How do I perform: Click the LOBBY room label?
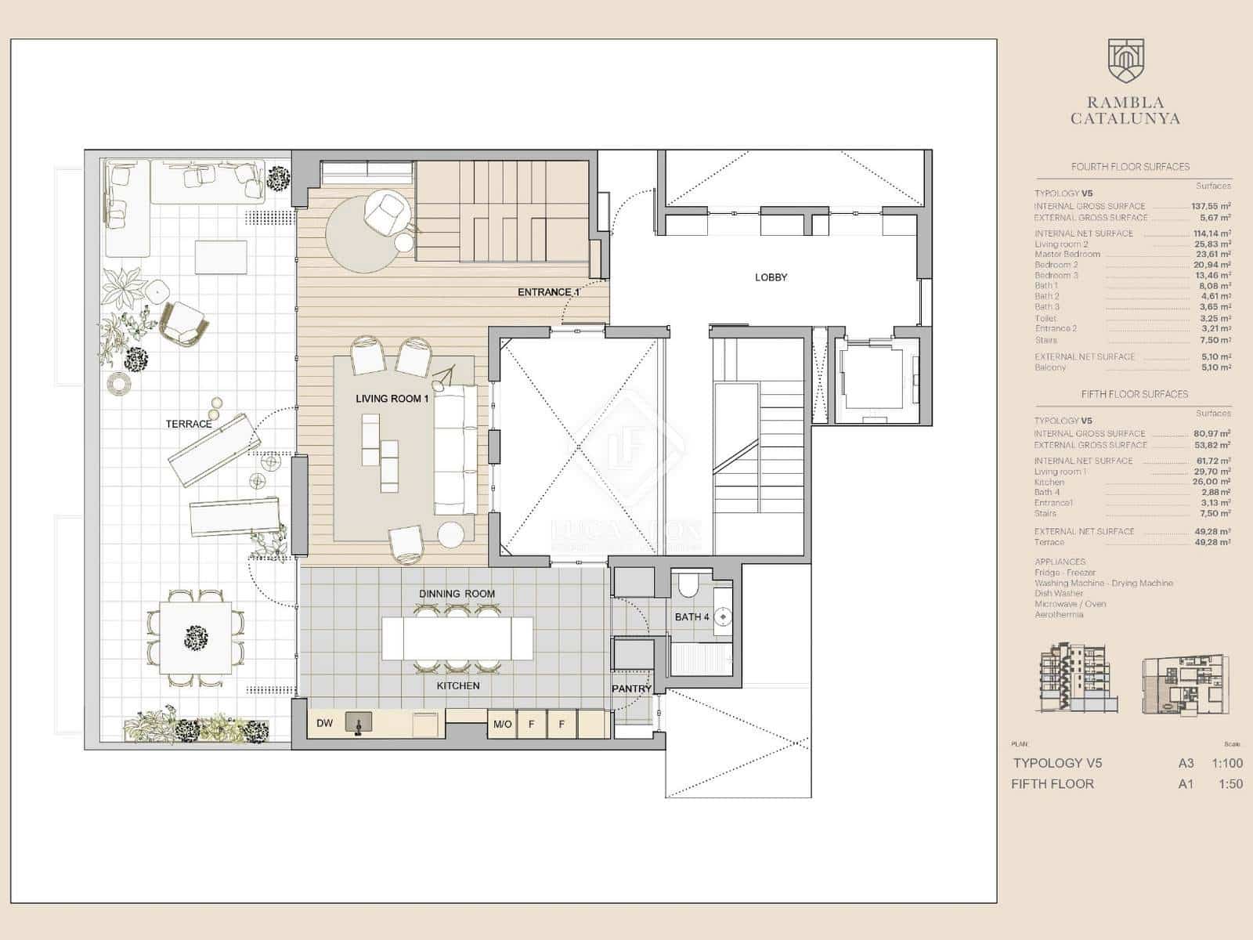tap(771, 277)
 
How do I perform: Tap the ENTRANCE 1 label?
tap(548, 292)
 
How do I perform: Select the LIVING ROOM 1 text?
tap(392, 399)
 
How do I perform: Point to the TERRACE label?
tap(189, 424)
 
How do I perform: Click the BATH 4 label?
tap(691, 617)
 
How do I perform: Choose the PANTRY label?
tap(631, 689)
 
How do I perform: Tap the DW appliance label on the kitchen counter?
tap(324, 724)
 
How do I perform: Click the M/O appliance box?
tap(502, 724)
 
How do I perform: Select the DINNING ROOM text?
tap(457, 594)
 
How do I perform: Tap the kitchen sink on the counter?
tap(359, 722)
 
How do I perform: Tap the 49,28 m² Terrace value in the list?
tap(1211, 542)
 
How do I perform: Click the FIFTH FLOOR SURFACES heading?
tap(1134, 394)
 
